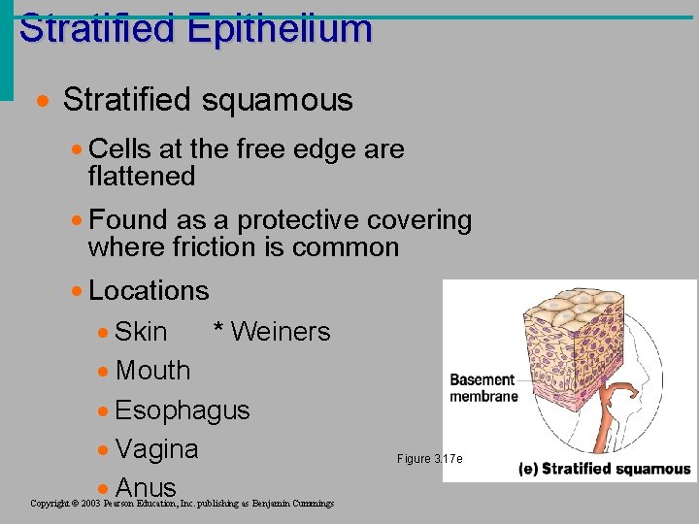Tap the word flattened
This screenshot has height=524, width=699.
pyautogui.click(x=142, y=177)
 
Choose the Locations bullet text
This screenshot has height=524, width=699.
pyautogui.click(x=149, y=290)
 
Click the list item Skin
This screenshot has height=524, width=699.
pyautogui.click(x=141, y=331)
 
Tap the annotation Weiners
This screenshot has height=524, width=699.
pyautogui.click(x=281, y=331)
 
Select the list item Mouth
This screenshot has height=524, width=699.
pyautogui.click(x=152, y=370)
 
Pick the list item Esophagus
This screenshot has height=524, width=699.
pyautogui.click(x=182, y=409)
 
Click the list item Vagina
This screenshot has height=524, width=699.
pyautogui.click(x=156, y=449)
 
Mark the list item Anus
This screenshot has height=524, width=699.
pyautogui.click(x=146, y=487)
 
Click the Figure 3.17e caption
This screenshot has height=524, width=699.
pyautogui.click(x=430, y=458)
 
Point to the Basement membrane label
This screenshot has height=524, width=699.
pyautogui.click(x=483, y=387)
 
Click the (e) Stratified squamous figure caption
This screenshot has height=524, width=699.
pyautogui.click(x=604, y=470)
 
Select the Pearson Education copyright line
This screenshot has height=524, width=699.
pyautogui.click(x=183, y=504)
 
